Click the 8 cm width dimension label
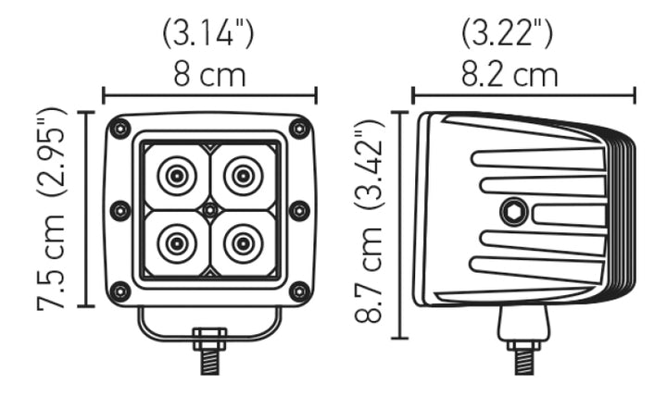tap(209, 74)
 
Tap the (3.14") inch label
tap(208, 34)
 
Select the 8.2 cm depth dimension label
tap(510, 74)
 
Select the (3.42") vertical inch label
tap(370, 167)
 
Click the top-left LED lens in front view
tap(175, 175)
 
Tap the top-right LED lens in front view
tap(243, 175)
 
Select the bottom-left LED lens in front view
tap(175, 243)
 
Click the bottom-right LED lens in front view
tap(243, 243)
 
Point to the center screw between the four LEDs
tap(209, 210)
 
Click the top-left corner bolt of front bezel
tap(120, 129)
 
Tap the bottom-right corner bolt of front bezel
tap(299, 291)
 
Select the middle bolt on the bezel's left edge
tap(120, 210)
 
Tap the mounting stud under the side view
tap(523, 354)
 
